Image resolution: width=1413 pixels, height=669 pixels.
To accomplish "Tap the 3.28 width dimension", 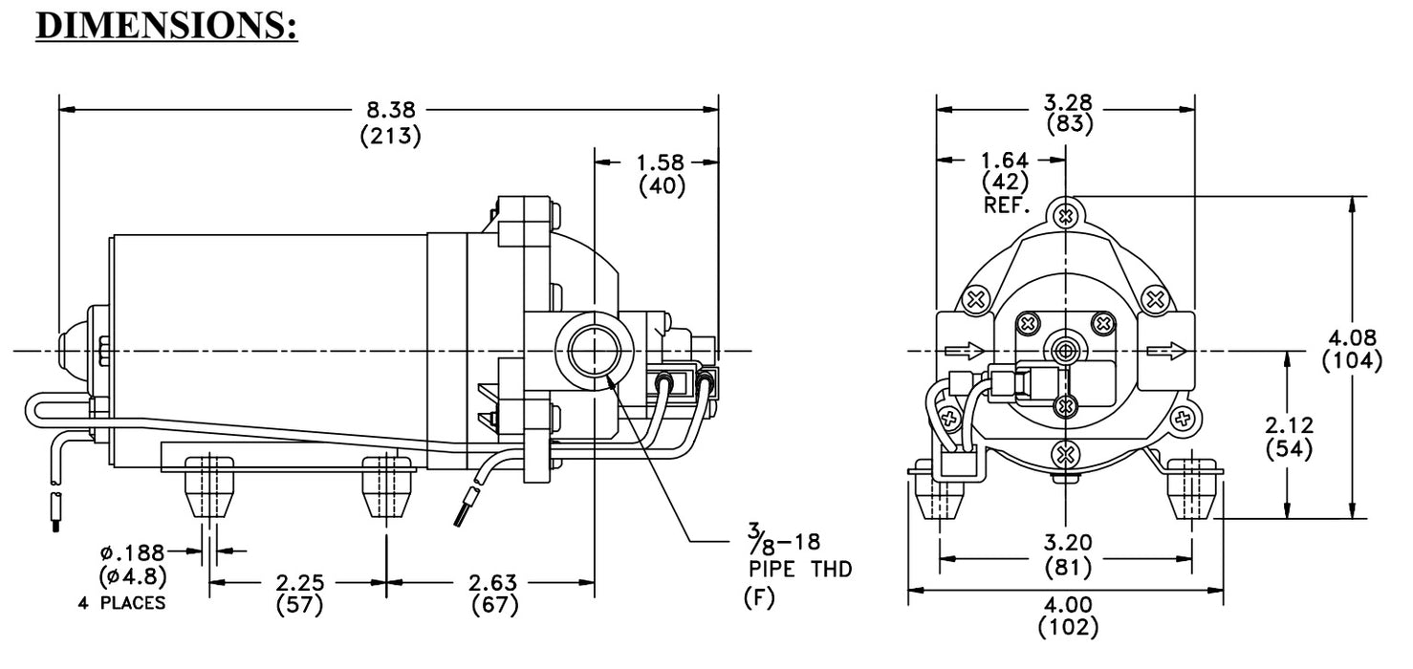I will point(1069,101).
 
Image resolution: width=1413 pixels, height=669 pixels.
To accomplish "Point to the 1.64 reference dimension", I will point(1004,161).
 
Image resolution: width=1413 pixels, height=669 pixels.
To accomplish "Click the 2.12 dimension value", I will point(1288,425).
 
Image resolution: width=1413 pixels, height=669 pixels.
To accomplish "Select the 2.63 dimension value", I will point(494,582).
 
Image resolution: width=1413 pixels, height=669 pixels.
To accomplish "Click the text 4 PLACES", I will point(120,603).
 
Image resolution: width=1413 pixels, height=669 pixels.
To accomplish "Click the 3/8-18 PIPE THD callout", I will point(796,555).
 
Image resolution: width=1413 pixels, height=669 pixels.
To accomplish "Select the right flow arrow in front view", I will point(1168,351).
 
